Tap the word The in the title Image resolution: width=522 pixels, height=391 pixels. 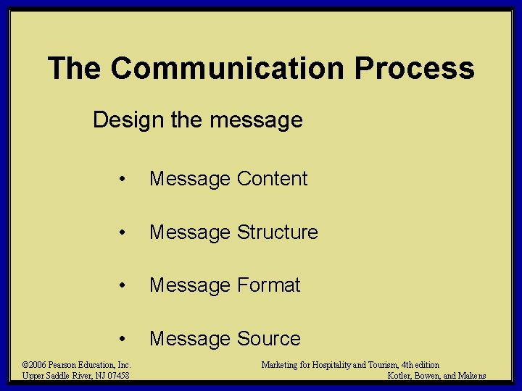pyautogui.click(x=75, y=69)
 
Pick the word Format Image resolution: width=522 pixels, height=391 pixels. pyautogui.click(x=268, y=285)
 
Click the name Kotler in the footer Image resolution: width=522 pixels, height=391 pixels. pyautogui.click(x=399, y=376)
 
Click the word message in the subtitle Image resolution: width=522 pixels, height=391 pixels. pyautogui.click(x=259, y=119)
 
